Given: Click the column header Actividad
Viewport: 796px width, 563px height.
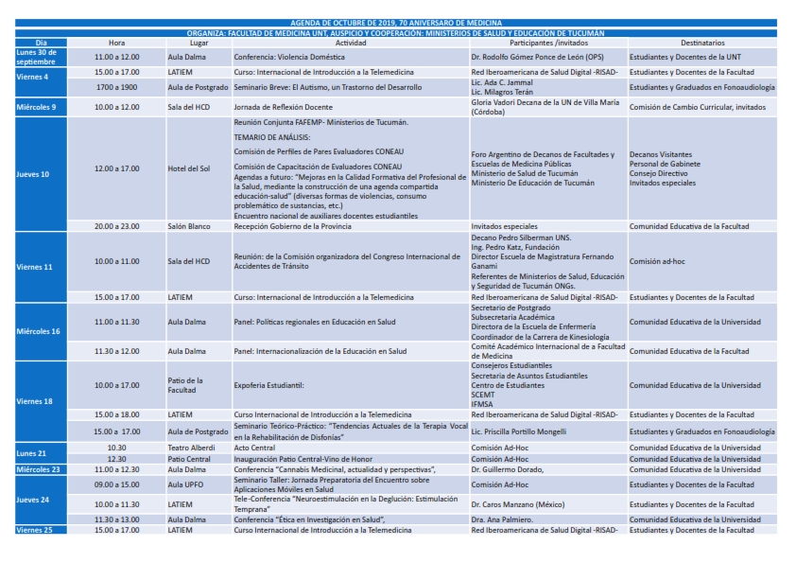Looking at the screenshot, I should (x=351, y=44).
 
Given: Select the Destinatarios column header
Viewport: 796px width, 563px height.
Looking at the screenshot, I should (x=702, y=44).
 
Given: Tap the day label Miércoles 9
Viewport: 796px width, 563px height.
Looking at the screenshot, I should (x=37, y=107).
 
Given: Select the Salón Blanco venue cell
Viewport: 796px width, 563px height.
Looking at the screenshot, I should (x=186, y=226).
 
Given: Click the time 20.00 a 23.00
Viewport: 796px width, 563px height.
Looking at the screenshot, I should (x=116, y=226).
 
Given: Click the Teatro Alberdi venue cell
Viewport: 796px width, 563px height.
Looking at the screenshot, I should (x=187, y=448).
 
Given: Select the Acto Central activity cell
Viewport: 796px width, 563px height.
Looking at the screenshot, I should (x=255, y=448).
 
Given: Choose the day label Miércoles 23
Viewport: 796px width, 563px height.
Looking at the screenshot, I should (x=38, y=469).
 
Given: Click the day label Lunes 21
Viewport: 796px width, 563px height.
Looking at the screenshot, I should (x=31, y=453).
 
